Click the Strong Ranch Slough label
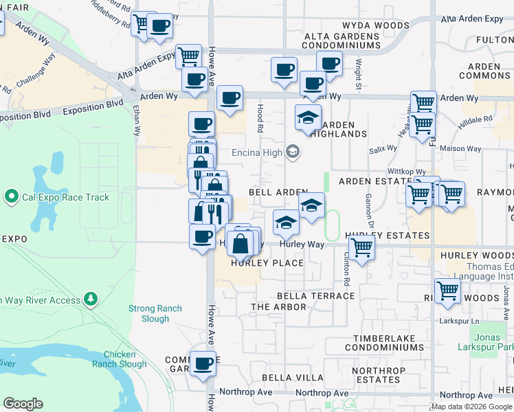(x=155, y=314)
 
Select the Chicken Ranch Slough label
(x=124, y=359)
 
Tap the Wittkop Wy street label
(x=407, y=172)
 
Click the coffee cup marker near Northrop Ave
(x=202, y=364)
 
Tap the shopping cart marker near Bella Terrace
(x=447, y=291)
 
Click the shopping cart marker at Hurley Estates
(x=361, y=248)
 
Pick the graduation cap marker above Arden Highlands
(x=309, y=117)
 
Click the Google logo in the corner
(x=23, y=404)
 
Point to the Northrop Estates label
(x=375, y=374)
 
